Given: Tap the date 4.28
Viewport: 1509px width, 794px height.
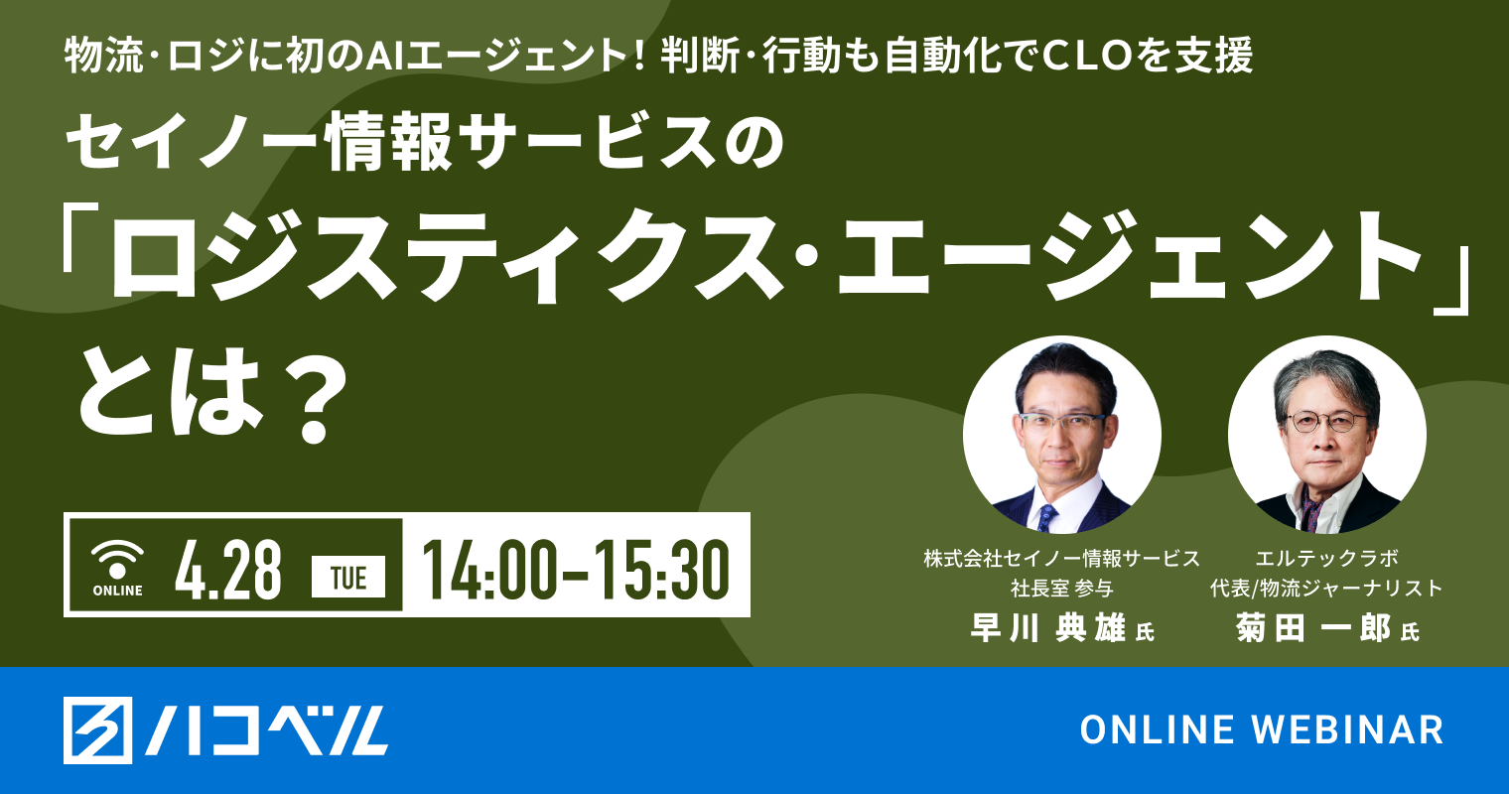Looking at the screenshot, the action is click(x=227, y=571).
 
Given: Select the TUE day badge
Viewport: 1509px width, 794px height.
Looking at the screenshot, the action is click(x=348, y=578).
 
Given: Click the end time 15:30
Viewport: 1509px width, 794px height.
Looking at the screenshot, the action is click(x=661, y=571).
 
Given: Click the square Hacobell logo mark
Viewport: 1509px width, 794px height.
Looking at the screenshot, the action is click(x=97, y=730).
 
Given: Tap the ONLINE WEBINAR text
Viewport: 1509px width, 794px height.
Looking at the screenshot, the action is click(x=1262, y=730).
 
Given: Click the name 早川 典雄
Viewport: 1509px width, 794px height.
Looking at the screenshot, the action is click(x=1047, y=628).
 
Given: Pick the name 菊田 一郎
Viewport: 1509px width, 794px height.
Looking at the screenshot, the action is click(x=1313, y=628).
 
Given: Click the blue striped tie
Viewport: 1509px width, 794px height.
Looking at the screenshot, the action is click(x=1046, y=516).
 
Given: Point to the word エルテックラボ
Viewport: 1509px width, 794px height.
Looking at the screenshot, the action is click(x=1327, y=559).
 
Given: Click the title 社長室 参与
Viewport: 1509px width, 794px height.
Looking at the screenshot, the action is click(x=1061, y=588).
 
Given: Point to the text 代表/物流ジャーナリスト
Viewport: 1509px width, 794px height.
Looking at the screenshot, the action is click(x=1326, y=588).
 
